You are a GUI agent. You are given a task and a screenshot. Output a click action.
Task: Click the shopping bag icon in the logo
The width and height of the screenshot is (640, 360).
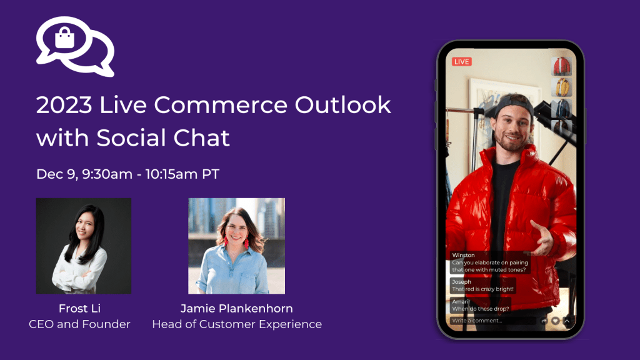64,39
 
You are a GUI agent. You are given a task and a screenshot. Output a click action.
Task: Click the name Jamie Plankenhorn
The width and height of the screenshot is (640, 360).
236,309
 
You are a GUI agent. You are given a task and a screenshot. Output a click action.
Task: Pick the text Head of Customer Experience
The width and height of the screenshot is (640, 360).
236,324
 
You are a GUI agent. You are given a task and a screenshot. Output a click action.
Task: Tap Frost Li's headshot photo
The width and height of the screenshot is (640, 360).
83,246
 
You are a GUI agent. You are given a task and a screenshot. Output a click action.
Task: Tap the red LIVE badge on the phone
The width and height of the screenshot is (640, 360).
461,61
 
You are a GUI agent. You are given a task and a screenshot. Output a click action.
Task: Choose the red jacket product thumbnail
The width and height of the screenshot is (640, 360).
561,66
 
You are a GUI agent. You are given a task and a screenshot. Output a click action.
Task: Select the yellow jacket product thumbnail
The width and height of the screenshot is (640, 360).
561,87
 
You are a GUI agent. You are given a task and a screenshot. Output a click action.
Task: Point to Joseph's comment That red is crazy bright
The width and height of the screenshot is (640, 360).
482,286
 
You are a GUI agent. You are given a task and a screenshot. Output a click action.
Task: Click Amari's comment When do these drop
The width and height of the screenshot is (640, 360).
480,305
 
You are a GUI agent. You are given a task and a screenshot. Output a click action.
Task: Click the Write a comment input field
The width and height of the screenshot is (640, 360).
491,321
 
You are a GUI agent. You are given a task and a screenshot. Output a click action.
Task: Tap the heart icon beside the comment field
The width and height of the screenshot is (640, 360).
555,321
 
